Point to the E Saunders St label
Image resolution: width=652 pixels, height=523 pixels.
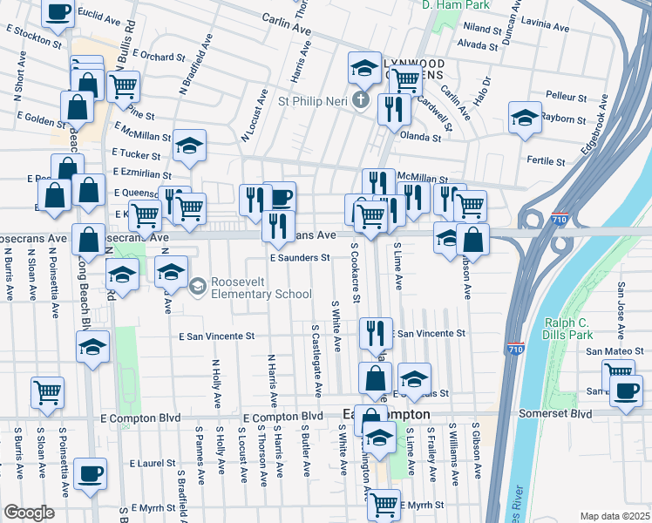(x=299, y=258)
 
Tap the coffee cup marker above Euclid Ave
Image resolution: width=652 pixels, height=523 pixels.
(x=58, y=13)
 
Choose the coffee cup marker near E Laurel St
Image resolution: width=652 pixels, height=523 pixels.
(x=90, y=475)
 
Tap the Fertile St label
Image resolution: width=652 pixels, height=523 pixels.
(x=548, y=161)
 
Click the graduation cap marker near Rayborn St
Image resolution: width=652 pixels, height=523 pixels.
(x=525, y=119)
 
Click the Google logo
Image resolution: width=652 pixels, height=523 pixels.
(x=29, y=513)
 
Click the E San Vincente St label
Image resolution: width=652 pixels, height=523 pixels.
(x=216, y=336)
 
